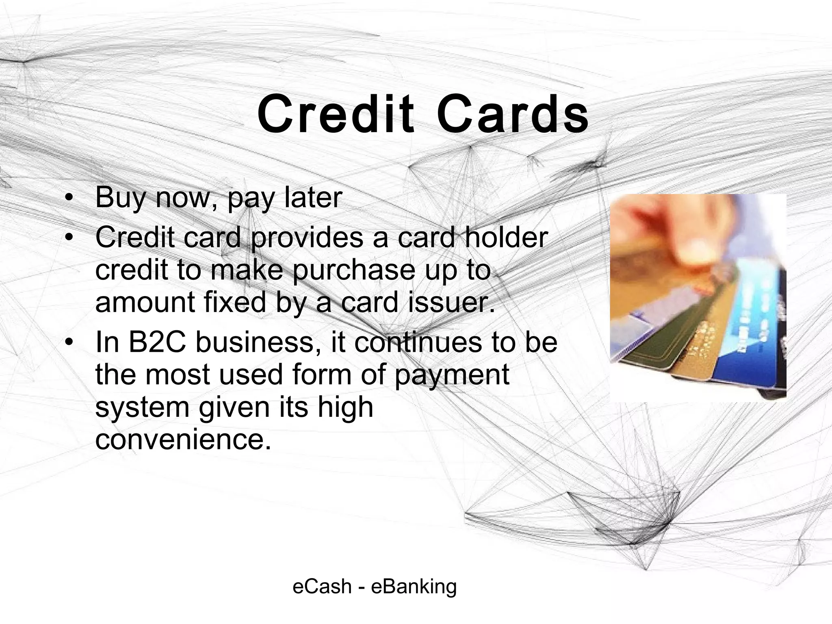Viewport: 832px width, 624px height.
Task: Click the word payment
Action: (x=451, y=375)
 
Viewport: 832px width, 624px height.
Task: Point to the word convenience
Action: (x=183, y=440)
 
